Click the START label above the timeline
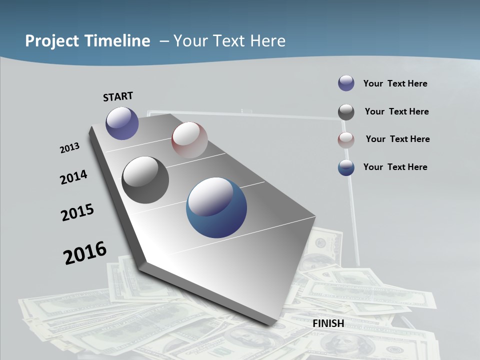[118, 96]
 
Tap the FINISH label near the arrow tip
[328, 323]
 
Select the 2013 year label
[70, 148]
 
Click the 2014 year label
[73, 177]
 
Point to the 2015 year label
[77, 212]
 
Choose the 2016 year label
[85, 253]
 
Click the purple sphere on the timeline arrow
[122, 123]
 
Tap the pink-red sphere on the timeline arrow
[189, 140]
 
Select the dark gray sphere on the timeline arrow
[145, 180]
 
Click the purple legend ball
[346, 83]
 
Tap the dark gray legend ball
[346, 112]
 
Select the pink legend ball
[346, 140]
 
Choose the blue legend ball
[346, 168]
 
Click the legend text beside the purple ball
[395, 83]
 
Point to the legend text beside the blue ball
[395, 167]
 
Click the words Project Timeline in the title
[87, 41]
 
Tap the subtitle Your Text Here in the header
[229, 41]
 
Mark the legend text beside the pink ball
[397, 139]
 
